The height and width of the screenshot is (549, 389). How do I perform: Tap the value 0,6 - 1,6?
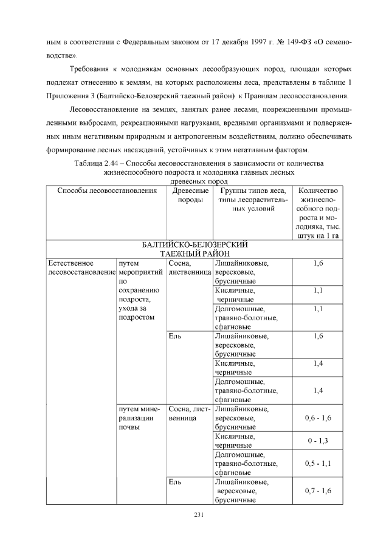(318, 417)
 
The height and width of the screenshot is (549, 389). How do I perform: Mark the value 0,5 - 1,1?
(318, 464)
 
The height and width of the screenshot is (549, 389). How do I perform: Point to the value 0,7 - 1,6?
(318, 490)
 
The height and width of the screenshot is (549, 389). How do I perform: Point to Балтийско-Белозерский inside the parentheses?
(154, 96)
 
